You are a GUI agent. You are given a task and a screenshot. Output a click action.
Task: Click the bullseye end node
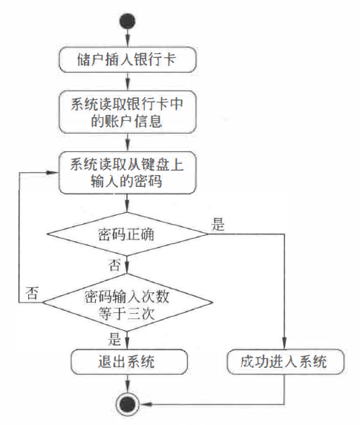click(x=128, y=403)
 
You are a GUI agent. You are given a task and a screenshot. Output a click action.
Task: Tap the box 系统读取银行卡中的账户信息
click(x=126, y=111)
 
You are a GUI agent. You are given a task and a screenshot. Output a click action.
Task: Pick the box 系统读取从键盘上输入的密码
click(x=126, y=171)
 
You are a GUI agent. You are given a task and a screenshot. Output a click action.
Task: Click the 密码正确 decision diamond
click(x=126, y=235)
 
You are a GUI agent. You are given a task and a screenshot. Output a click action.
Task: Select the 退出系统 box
click(x=126, y=363)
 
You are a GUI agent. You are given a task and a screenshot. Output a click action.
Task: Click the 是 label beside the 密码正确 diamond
click(x=217, y=225)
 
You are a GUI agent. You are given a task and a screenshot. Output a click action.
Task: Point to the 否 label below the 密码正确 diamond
click(x=114, y=265)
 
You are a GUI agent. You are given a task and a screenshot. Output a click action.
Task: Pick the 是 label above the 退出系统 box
click(x=114, y=340)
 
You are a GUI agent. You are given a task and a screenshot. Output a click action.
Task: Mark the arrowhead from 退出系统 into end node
click(x=127, y=388)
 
